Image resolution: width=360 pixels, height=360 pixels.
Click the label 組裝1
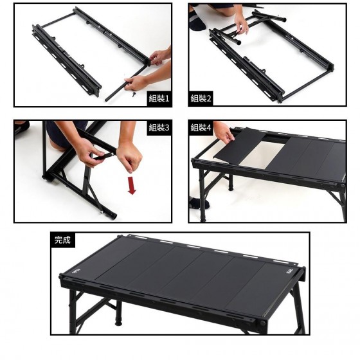(x=159, y=98)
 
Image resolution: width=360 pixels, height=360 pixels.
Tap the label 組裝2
(x=201, y=98)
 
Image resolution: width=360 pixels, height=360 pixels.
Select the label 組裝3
(x=159, y=127)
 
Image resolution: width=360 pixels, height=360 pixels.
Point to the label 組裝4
(x=201, y=127)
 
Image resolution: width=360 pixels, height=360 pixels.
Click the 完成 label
(x=62, y=240)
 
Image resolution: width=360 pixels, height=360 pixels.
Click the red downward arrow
(x=132, y=186)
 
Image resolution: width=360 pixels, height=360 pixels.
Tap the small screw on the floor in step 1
(x=133, y=94)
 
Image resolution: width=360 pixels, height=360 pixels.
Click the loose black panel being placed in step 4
(x=239, y=147)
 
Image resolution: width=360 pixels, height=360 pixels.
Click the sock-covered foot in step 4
(x=199, y=203)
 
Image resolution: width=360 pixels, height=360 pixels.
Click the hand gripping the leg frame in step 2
(x=241, y=24)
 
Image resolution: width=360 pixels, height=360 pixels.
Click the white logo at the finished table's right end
(x=289, y=272)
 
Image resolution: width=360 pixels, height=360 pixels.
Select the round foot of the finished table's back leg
(x=118, y=322)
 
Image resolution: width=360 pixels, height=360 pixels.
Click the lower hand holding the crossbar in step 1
(x=136, y=83)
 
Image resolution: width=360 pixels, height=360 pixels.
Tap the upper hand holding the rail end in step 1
(x=159, y=57)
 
